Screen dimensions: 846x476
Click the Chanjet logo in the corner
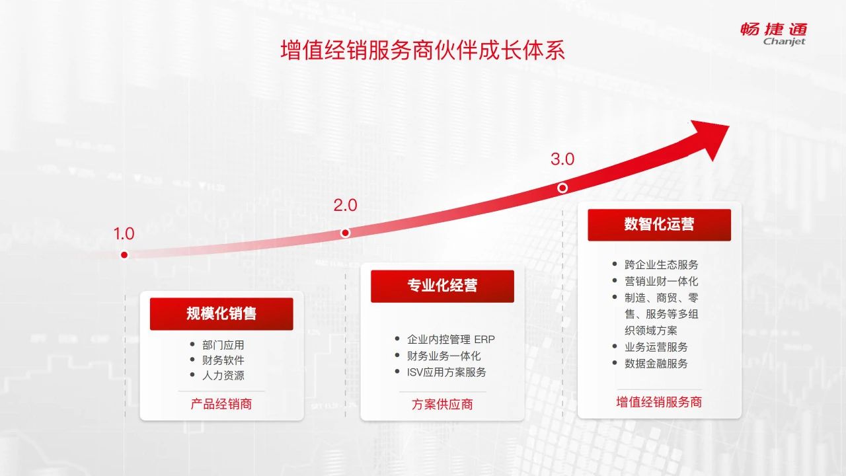pyautogui.click(x=774, y=34)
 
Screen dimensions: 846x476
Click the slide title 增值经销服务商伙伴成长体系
pyautogui.click(x=422, y=50)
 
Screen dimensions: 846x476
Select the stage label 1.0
pyautogui.click(x=124, y=233)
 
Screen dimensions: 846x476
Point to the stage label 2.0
pyautogui.click(x=345, y=205)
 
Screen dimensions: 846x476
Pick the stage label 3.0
pyautogui.click(x=562, y=159)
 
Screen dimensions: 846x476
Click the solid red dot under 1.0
pyautogui.click(x=124, y=255)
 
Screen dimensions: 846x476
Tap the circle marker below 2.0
pyautogui.click(x=345, y=233)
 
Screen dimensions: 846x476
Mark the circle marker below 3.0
pyautogui.click(x=562, y=188)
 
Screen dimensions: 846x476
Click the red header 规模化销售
pyautogui.click(x=221, y=313)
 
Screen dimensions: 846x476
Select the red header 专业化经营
pyautogui.click(x=442, y=286)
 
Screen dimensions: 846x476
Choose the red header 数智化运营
pyautogui.click(x=660, y=224)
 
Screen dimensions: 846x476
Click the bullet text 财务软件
pyautogui.click(x=223, y=360)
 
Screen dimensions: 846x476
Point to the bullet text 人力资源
pyautogui.click(x=223, y=376)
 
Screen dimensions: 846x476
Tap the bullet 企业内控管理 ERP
pyautogui.click(x=451, y=339)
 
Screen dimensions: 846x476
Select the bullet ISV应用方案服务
pyautogui.click(x=446, y=372)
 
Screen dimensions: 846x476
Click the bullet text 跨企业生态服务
pyautogui.click(x=662, y=264)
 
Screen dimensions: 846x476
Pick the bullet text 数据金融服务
pyautogui.click(x=656, y=364)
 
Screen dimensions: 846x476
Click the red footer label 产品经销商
pyautogui.click(x=221, y=404)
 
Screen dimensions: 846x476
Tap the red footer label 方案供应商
pyautogui.click(x=442, y=404)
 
